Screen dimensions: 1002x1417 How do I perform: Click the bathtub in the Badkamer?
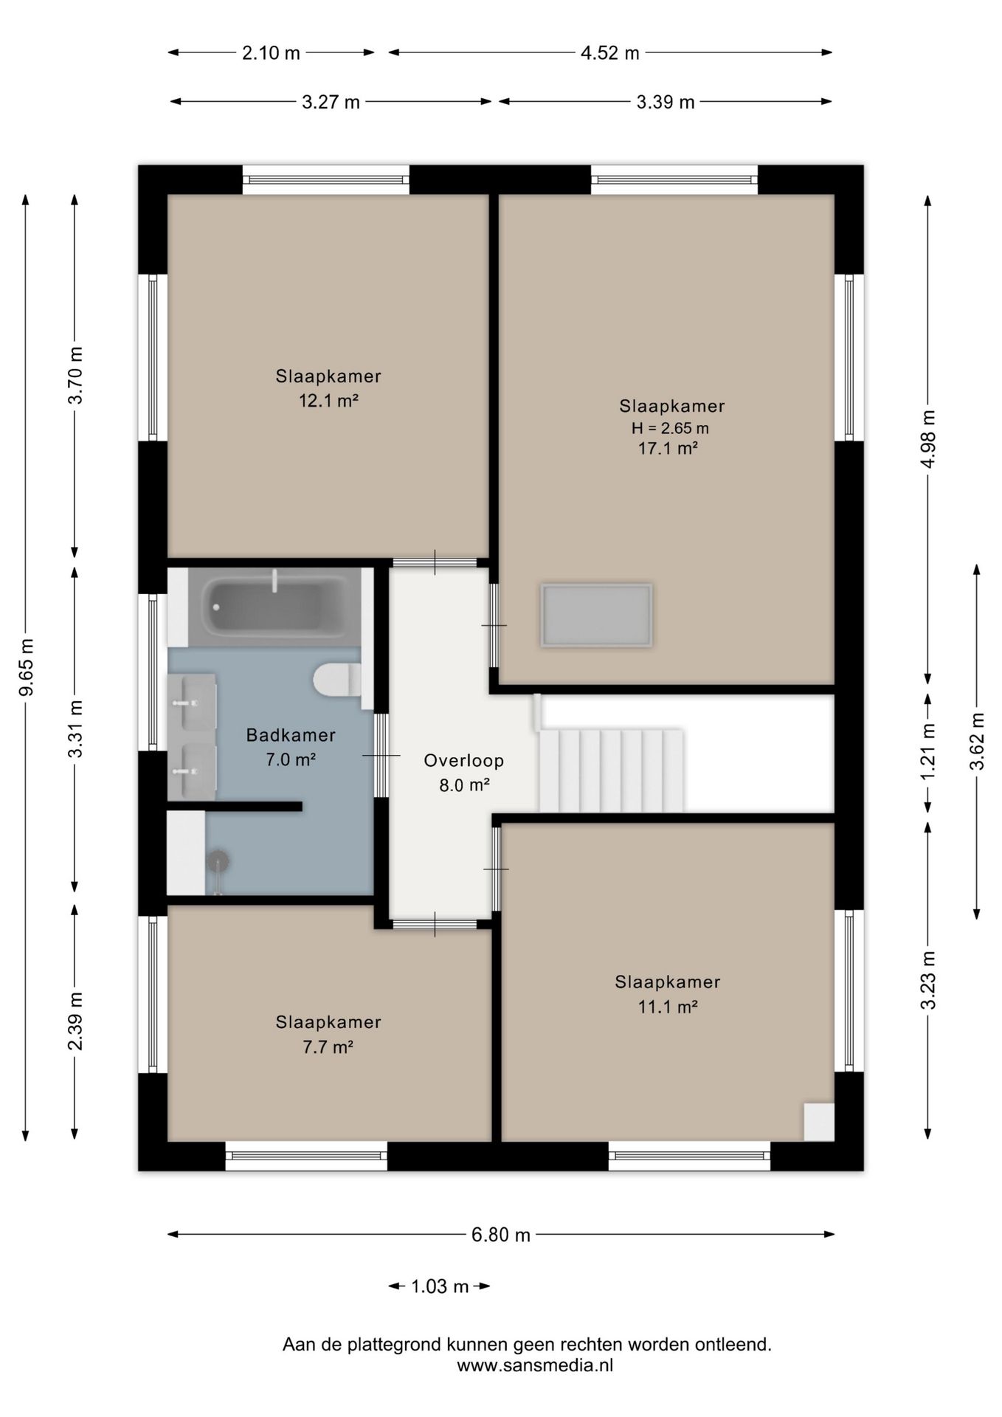point(274,607)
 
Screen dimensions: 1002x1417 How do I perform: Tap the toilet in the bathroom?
point(337,680)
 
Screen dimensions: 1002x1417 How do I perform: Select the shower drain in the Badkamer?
point(218,861)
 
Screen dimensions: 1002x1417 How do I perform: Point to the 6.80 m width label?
point(501,1235)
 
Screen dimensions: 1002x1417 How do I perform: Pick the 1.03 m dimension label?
point(440,1286)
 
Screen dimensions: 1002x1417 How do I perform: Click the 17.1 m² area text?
point(668,448)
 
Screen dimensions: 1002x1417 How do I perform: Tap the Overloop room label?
point(464,760)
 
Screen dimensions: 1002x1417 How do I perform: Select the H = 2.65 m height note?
point(670,428)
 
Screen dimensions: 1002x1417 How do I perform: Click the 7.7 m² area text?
point(328,1047)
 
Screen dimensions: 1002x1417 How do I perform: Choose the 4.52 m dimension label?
point(609,53)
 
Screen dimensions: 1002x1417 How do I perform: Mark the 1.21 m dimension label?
point(928,750)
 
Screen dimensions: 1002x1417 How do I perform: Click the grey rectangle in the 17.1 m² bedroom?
point(596,616)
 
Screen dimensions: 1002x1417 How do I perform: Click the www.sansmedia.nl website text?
point(535,1365)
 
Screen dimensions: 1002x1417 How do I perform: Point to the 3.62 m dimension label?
point(977,741)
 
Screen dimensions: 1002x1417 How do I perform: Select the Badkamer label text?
point(291,735)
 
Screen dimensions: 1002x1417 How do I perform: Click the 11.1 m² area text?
point(668,1006)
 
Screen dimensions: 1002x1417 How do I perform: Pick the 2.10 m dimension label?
point(271,53)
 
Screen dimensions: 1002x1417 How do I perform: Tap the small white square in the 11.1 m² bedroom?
point(819,1122)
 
